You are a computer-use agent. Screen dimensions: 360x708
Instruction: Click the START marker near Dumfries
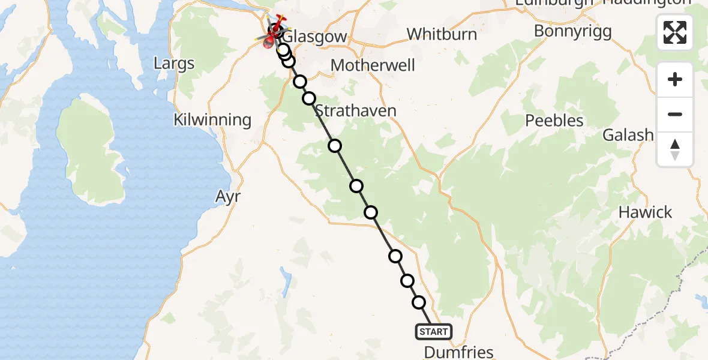point(433,331)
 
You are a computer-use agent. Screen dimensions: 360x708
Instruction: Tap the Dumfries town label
point(458,352)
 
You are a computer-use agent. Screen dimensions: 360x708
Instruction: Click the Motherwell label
point(373,65)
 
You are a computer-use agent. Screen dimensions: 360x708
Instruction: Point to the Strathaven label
point(355,110)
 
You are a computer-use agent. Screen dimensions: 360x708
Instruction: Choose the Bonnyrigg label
point(572,31)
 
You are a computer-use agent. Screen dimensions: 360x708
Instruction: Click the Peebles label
point(554,121)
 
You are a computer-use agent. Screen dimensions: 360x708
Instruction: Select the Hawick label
point(645,212)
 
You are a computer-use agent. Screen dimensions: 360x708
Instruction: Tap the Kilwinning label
point(212,119)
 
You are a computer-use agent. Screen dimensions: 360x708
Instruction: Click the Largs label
point(174,63)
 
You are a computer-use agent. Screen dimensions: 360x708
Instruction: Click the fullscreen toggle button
point(675,32)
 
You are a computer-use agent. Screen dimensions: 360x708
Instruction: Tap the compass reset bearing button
point(675,149)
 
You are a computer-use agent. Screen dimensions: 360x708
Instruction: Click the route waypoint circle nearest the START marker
point(419,303)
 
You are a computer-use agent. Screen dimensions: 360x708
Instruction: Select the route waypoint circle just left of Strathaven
point(309,98)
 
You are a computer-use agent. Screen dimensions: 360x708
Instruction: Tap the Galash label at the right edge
point(628,135)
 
